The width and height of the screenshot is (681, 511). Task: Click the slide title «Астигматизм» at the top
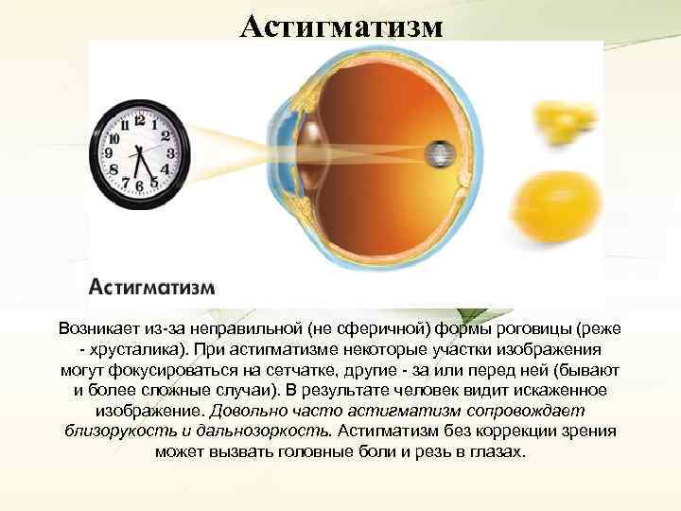tap(340, 26)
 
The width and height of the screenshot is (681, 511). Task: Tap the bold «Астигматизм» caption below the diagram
tap(151, 286)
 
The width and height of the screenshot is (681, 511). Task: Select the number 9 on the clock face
tap(110, 151)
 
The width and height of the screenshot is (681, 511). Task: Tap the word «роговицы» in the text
tap(534, 327)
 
